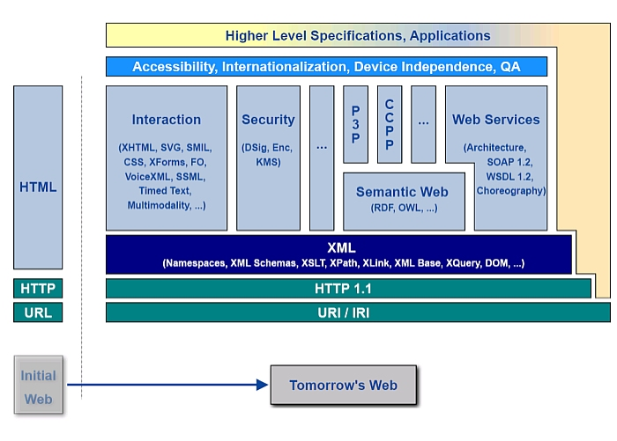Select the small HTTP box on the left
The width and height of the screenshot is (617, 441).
[x=38, y=288]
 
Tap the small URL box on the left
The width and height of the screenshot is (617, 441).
[x=38, y=312]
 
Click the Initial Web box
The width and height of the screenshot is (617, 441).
[x=38, y=386]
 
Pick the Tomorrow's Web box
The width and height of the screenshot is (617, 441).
[x=343, y=385]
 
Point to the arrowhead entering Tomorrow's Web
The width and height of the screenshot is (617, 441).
[x=261, y=385]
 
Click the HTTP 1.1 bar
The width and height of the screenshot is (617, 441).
[x=348, y=288]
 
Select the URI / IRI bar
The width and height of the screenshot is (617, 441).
[x=357, y=312]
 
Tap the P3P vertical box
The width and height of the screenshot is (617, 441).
[x=355, y=124]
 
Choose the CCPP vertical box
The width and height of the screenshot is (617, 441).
[x=390, y=124]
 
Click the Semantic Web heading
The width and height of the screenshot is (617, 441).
[x=402, y=192]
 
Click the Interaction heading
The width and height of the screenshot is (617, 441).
[x=167, y=120]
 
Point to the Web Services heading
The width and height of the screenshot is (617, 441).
[x=495, y=120]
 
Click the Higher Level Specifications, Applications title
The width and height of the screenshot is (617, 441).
[x=357, y=36]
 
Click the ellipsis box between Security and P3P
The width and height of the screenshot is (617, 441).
[x=322, y=146]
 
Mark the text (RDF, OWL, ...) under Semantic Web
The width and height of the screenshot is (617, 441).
[x=403, y=209]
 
